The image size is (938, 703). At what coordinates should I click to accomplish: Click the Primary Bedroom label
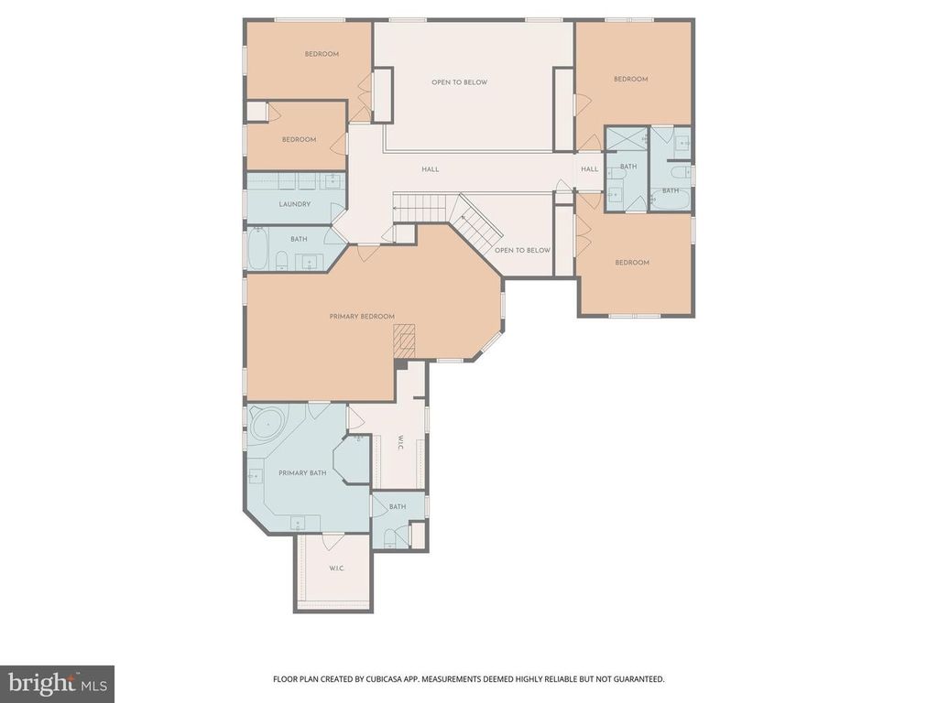click(362, 316)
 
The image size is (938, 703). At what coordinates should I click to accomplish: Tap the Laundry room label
click(295, 204)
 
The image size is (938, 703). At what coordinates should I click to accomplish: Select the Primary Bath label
click(302, 473)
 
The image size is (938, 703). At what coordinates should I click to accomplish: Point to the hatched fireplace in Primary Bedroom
click(404, 341)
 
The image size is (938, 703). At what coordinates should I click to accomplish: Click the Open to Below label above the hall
click(460, 81)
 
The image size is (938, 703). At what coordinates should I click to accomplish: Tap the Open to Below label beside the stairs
click(522, 250)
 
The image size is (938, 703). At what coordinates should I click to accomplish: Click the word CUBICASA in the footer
click(381, 679)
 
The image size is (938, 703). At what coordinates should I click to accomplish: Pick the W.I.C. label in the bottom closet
click(337, 568)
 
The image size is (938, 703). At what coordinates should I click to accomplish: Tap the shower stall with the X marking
click(627, 142)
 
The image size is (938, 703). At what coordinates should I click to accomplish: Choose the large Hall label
click(431, 169)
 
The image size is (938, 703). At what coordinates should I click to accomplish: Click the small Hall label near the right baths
click(590, 169)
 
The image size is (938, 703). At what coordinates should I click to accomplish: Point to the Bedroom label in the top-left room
click(322, 54)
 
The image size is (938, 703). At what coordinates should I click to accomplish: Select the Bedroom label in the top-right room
click(631, 79)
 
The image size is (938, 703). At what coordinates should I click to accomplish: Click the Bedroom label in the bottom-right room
click(632, 263)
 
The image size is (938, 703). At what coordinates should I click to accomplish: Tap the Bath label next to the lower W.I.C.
click(398, 507)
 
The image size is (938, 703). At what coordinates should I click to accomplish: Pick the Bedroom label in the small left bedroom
click(300, 139)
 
